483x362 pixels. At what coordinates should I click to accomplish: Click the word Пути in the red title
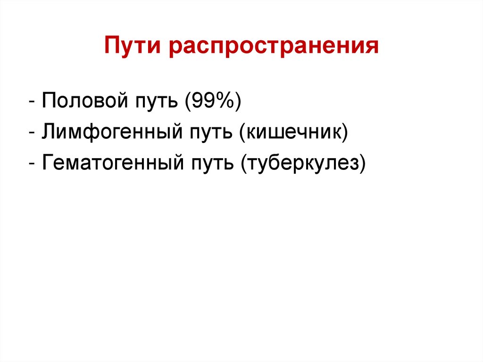[133, 46]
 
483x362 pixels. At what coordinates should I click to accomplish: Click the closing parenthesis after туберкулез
[362, 164]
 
